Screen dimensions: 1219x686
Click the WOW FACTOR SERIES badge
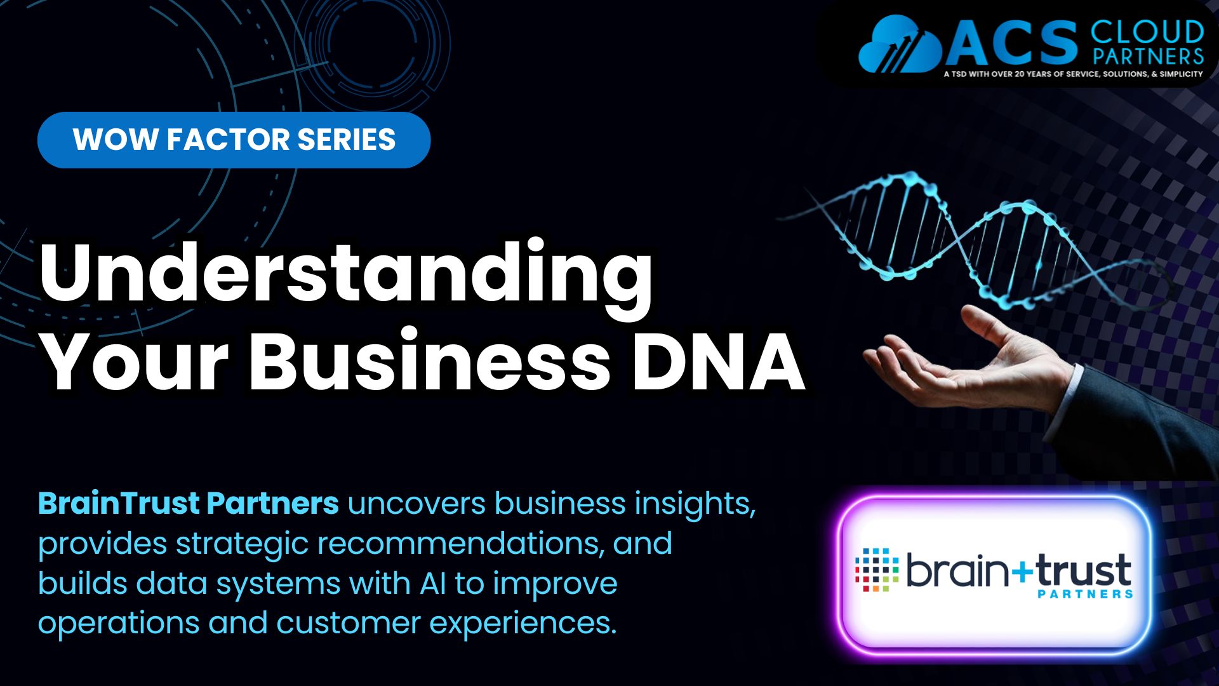[234, 140]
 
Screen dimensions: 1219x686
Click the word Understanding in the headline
[346, 273]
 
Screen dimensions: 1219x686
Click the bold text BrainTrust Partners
[189, 503]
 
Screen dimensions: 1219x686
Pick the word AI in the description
[432, 583]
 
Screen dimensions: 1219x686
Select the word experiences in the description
[523, 624]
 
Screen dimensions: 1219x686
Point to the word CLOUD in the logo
[1147, 32]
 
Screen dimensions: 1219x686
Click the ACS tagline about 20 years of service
[1073, 74]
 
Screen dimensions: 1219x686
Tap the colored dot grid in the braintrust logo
[877, 570]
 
